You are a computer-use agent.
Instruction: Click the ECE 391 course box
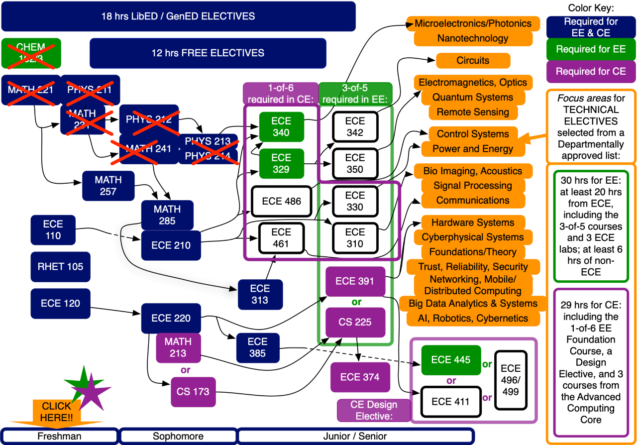point(355,281)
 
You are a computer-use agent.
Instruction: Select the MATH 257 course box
point(108,185)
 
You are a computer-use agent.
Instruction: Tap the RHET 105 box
point(60,267)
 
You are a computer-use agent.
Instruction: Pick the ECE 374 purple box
point(359,377)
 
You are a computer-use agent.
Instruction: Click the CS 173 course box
point(193,392)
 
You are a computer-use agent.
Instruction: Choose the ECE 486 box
point(282,202)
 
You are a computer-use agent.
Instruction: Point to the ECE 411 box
point(450,402)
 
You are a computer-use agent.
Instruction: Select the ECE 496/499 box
point(511,380)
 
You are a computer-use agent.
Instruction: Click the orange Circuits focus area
point(473,61)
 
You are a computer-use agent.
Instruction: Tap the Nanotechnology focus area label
point(473,38)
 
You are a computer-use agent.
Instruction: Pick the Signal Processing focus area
point(473,186)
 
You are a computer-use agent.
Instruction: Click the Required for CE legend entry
point(591,72)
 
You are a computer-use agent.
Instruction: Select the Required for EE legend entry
point(591,49)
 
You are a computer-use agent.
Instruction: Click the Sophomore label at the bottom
point(178,436)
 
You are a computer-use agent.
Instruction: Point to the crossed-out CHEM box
point(31,53)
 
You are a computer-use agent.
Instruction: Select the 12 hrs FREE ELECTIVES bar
point(208,53)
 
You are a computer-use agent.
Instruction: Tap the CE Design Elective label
point(374,410)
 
